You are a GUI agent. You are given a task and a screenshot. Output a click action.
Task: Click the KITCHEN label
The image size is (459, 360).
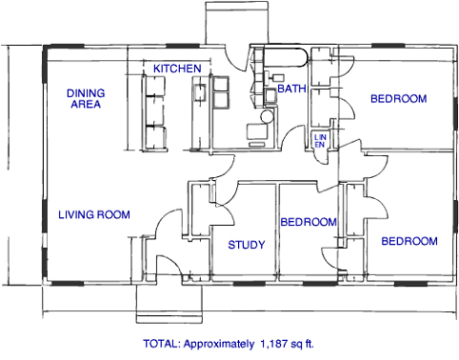point(177,69)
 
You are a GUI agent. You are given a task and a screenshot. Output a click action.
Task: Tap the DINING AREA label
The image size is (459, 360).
point(86,98)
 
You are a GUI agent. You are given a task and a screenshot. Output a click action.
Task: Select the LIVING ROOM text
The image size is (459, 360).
point(94,214)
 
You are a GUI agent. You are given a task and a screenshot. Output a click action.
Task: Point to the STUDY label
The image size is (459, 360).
point(247,245)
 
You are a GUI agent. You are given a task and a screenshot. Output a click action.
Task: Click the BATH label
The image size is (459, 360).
point(291,89)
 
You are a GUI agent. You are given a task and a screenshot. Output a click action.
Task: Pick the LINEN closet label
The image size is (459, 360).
point(320,141)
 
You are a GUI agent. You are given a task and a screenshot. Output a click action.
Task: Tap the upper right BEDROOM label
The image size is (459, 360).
point(399,99)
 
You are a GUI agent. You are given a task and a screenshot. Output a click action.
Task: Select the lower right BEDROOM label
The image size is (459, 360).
point(409,241)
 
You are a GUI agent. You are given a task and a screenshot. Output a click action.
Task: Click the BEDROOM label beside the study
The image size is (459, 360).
point(309,222)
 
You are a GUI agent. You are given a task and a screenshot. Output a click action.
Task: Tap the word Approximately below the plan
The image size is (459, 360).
point(219,344)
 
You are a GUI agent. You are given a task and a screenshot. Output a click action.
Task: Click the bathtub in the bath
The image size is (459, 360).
point(285,57)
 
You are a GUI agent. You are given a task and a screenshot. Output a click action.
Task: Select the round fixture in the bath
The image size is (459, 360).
point(267,116)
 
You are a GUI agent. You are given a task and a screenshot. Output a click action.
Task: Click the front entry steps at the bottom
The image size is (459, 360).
point(170,304)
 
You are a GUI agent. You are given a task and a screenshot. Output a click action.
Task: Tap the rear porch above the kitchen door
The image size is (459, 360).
point(237,23)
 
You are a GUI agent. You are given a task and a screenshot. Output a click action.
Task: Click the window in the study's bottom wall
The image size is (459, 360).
point(249,283)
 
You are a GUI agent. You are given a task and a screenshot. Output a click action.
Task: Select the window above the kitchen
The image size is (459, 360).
point(183,47)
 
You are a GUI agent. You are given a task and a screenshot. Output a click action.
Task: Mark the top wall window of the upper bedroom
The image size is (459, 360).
point(388,46)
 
